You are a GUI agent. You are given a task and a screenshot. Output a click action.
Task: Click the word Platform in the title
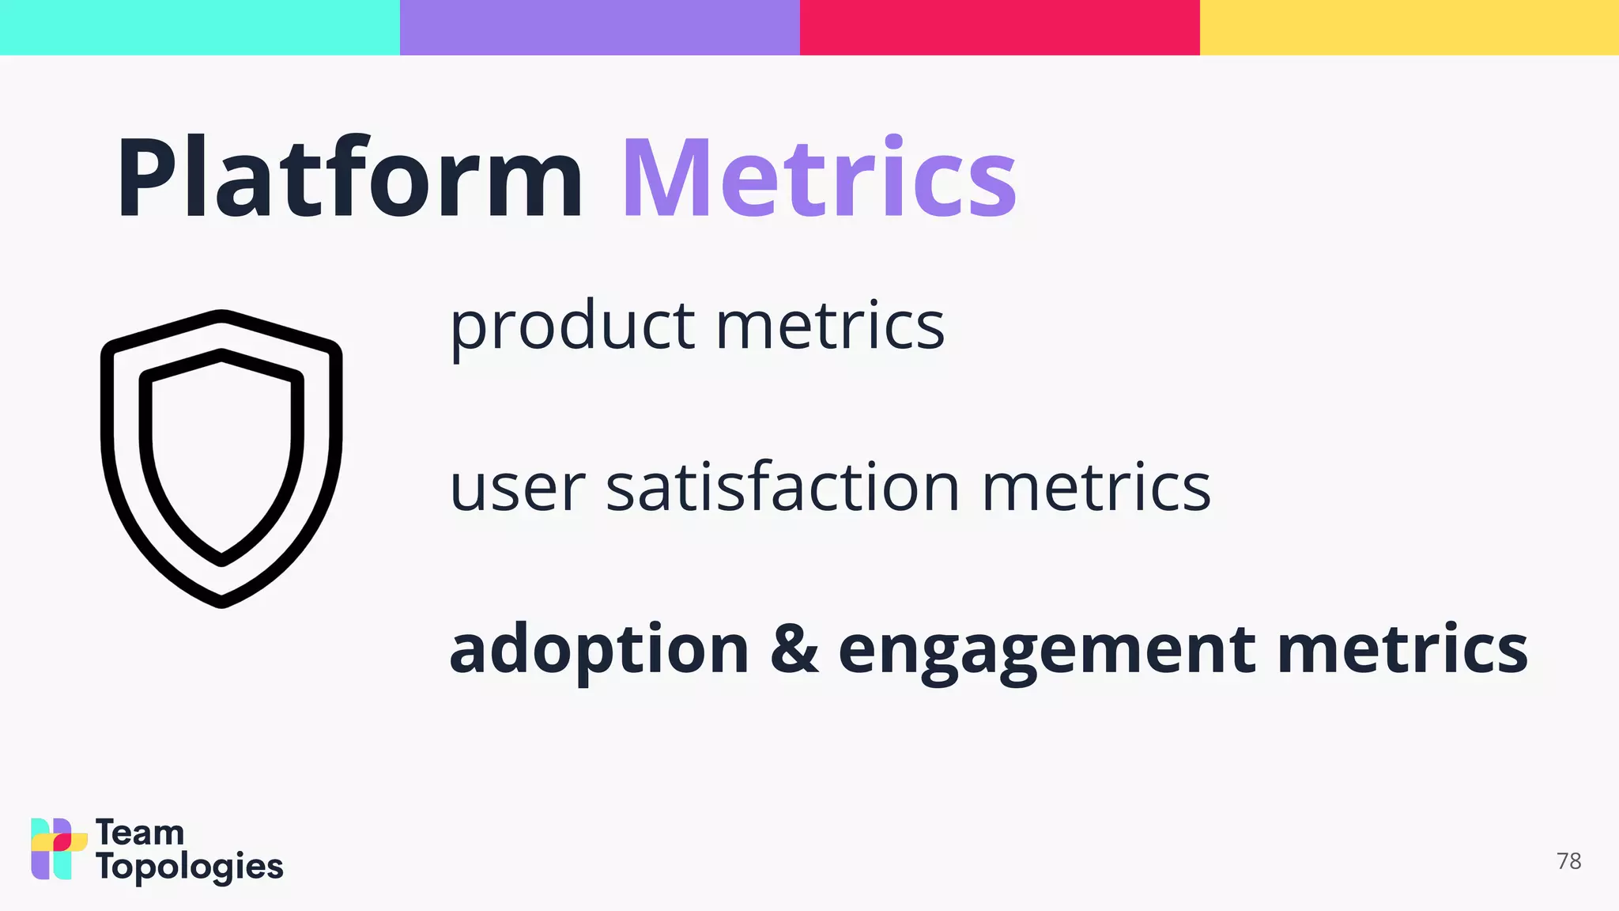pos(349,179)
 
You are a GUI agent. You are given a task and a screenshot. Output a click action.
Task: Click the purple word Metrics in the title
pos(819,179)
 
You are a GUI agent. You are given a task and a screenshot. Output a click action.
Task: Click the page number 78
pos(1568,861)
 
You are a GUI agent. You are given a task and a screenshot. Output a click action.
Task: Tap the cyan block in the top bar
pos(199,27)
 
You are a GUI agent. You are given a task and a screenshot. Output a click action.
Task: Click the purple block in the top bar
pos(599,27)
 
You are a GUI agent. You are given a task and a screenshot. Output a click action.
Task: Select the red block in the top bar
pos(999,27)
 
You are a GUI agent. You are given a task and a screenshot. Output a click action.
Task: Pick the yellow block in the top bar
pos(1409,27)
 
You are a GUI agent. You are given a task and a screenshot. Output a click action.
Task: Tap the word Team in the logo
pos(140,833)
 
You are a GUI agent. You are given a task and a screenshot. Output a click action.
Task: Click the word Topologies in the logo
pos(189,868)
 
